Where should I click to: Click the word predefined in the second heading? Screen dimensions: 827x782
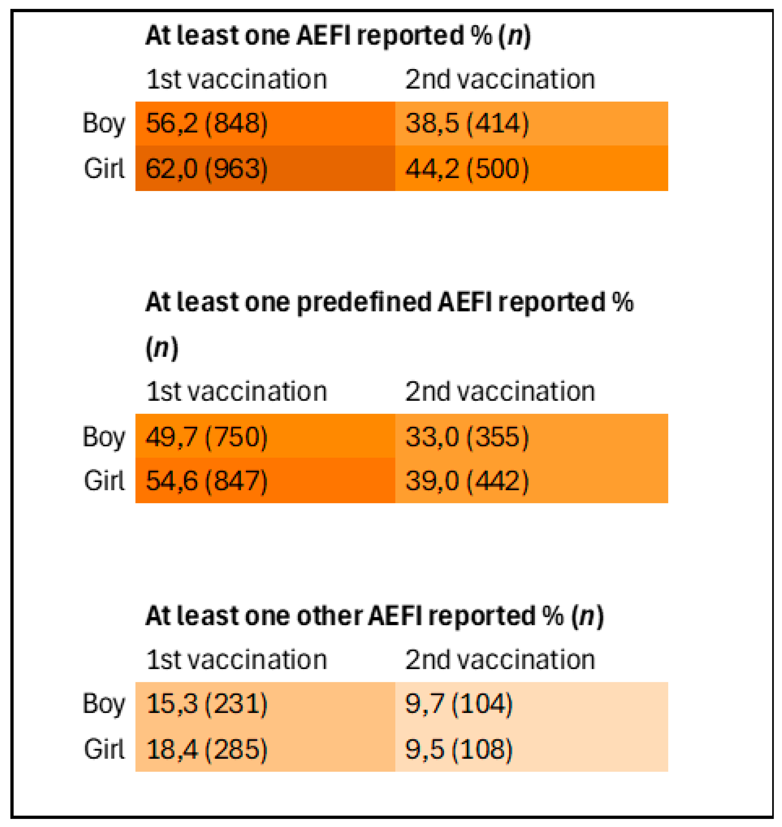tap(364, 302)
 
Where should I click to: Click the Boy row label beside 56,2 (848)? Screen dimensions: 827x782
tap(103, 123)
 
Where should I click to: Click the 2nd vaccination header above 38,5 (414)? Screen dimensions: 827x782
tap(500, 79)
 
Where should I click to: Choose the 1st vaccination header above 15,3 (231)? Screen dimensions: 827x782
tap(236, 660)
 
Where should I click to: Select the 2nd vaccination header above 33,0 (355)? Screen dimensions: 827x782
tap(500, 392)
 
